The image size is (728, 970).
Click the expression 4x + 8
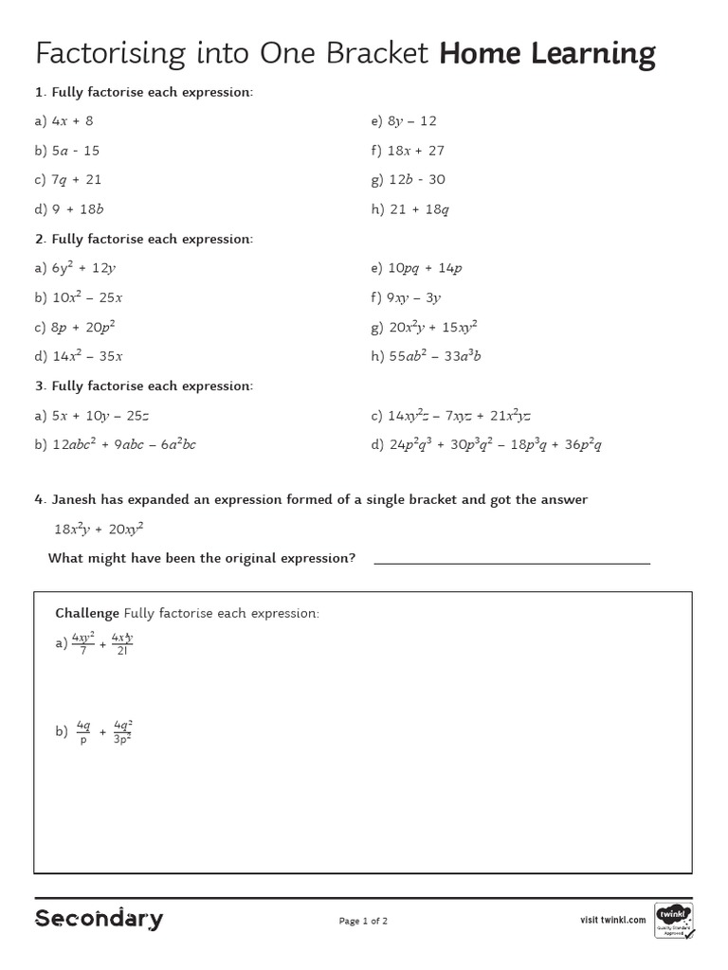coord(73,121)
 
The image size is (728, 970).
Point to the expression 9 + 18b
coord(78,209)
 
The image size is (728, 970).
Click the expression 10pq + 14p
coord(425,268)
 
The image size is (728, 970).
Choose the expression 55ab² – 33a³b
coord(435,356)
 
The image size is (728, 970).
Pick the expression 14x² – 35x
coord(87,356)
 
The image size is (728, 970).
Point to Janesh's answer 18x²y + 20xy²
coord(99,530)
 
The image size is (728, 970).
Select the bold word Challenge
coord(87,613)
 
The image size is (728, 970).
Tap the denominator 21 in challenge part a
coord(122,651)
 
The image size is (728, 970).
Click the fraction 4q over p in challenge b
coord(82,731)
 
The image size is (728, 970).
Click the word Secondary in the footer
coord(100,918)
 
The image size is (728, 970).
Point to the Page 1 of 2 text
coord(363,920)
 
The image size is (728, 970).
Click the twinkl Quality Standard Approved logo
coord(674,920)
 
